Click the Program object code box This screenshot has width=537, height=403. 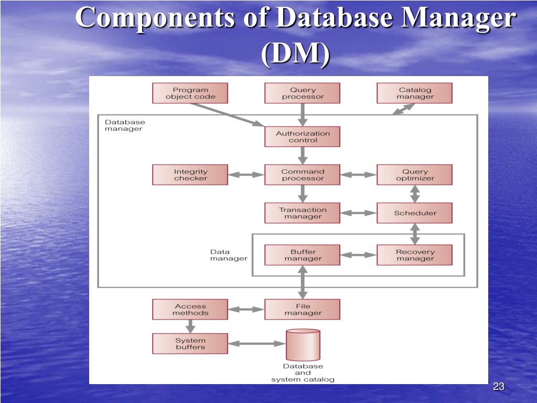point(190,93)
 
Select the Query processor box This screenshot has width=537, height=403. point(303,93)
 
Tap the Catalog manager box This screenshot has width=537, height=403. point(415,93)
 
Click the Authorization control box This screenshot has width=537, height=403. point(303,137)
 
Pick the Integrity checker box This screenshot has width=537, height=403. point(190,175)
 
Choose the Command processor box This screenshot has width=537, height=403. point(303,175)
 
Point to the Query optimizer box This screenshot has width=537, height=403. point(415,175)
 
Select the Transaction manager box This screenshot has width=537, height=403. point(303,213)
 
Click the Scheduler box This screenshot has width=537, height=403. point(415,213)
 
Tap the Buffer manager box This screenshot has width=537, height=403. point(303,255)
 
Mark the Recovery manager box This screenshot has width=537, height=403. point(415,255)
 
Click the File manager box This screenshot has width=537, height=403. point(303,310)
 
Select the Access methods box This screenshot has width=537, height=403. point(190,310)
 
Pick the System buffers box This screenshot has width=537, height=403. point(190,343)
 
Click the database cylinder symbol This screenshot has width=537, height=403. point(303,345)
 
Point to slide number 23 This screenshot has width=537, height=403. point(499,387)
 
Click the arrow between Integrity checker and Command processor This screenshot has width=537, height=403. point(246,175)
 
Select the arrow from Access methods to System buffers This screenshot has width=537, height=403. point(190,326)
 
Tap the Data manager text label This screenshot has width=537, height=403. point(229,255)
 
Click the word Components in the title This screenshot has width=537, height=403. point(155,17)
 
